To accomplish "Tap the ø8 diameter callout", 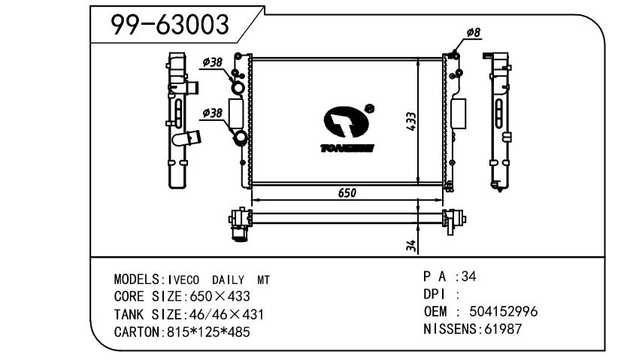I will click(474, 32).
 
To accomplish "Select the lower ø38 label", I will click(213, 113).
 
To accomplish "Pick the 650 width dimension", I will click(347, 192).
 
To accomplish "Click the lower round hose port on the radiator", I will click(239, 140).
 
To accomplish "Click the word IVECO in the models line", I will click(177, 280).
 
